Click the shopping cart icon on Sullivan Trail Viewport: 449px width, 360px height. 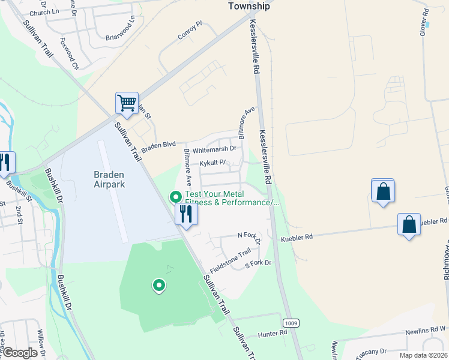click(x=127, y=103)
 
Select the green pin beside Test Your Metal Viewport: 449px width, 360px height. click(x=176, y=196)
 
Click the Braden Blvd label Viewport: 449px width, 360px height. click(x=158, y=144)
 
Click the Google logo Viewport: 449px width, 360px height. click(x=19, y=353)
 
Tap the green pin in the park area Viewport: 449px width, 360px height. click(x=158, y=286)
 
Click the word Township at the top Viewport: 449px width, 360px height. click(x=249, y=7)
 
